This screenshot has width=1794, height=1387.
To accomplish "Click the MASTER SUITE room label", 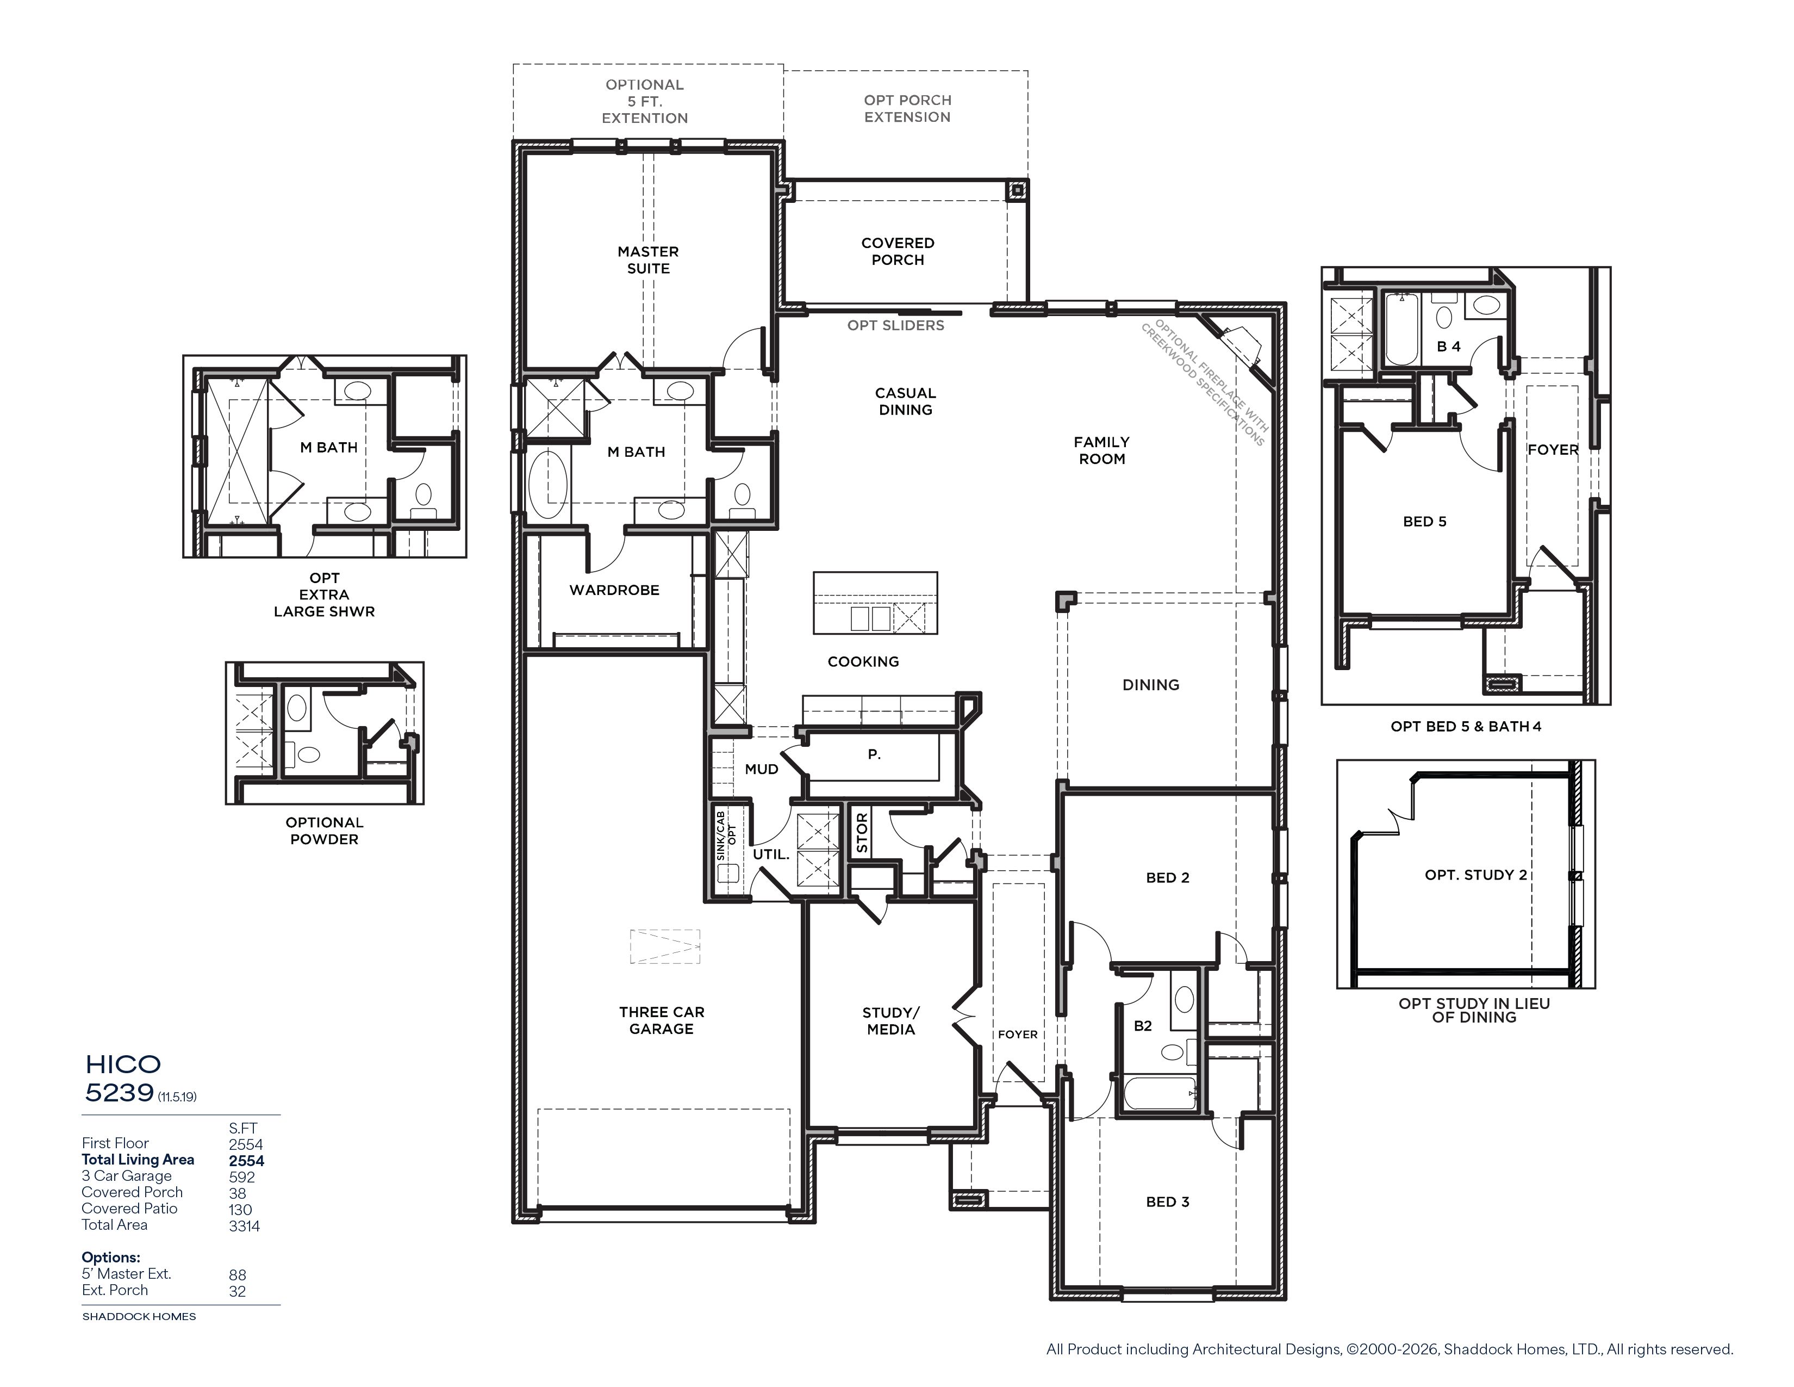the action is click(648, 259).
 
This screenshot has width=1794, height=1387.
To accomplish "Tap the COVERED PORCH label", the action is click(898, 251).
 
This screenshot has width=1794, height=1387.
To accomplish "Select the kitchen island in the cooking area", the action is click(875, 603).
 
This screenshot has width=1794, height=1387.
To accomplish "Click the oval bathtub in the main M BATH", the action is click(548, 483).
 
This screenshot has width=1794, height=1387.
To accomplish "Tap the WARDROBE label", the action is click(614, 590).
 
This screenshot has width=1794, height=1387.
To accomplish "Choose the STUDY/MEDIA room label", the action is click(891, 1020).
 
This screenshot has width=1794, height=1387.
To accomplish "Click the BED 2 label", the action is click(1167, 877).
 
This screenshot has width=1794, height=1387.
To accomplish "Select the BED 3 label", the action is click(1167, 1202).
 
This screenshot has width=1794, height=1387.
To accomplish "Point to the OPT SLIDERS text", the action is click(895, 325).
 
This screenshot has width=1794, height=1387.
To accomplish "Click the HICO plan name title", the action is click(123, 1064).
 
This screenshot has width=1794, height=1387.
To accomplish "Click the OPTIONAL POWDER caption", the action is click(325, 831).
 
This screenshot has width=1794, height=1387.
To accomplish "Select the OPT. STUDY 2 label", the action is click(1476, 875).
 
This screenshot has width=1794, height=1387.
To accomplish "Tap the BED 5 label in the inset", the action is click(1424, 522).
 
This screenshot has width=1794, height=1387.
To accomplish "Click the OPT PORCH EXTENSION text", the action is click(907, 108).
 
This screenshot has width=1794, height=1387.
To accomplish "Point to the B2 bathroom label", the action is click(1143, 1025).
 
